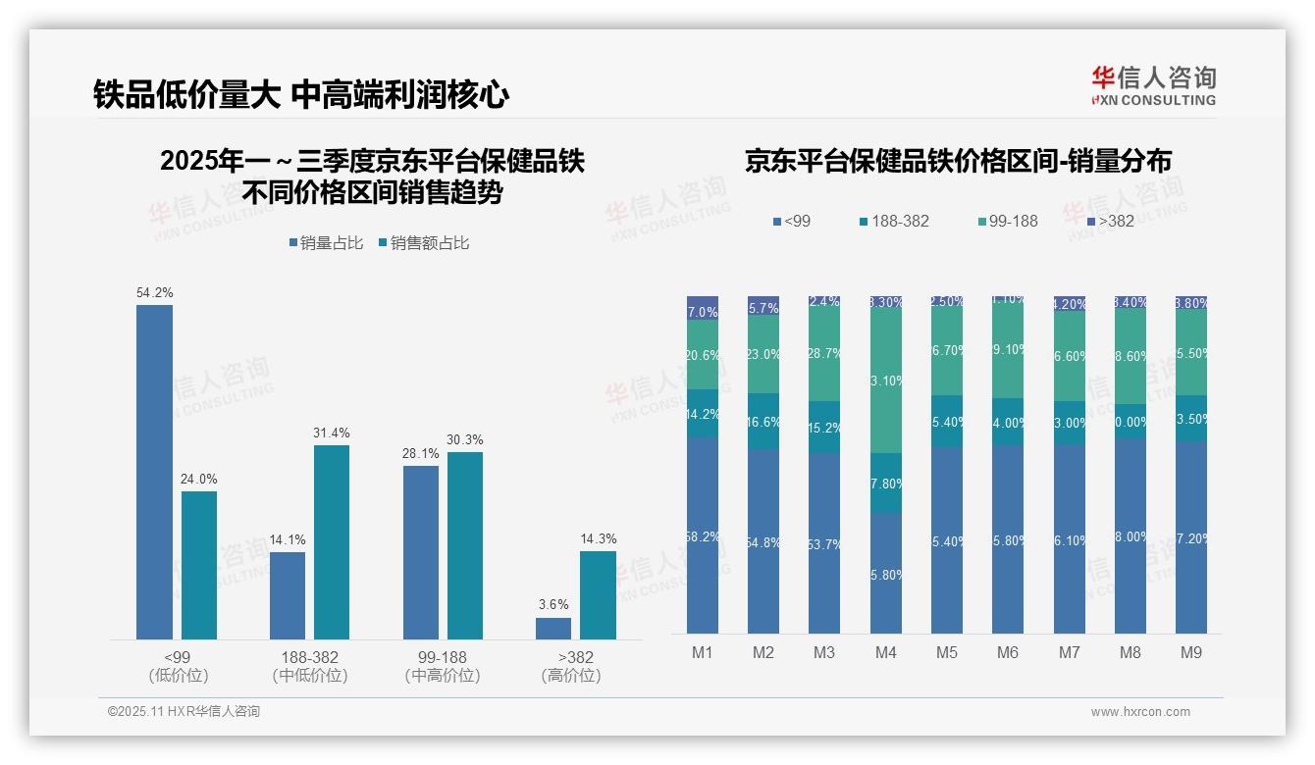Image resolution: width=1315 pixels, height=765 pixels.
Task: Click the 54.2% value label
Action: click(x=155, y=292)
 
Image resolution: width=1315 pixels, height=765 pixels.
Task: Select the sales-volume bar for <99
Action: click(x=154, y=472)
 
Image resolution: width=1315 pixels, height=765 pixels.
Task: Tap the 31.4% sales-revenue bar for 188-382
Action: click(x=332, y=542)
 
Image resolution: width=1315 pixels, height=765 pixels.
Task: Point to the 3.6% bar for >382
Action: click(x=553, y=628)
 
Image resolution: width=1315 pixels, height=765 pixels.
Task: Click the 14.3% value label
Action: click(x=598, y=538)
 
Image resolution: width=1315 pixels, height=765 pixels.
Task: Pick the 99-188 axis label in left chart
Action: click(x=443, y=657)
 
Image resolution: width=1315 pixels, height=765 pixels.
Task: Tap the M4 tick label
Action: click(x=886, y=652)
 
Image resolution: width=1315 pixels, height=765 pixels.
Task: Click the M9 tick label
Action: click(x=1191, y=652)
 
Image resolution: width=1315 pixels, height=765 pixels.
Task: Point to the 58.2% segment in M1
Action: click(x=703, y=535)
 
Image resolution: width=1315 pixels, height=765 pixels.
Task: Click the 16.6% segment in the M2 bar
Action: click(x=763, y=422)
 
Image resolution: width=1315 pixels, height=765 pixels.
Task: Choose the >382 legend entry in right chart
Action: click(x=1109, y=222)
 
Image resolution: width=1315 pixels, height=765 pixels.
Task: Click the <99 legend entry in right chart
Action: click(x=791, y=222)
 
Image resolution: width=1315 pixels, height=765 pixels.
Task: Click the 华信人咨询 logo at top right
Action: click(x=1153, y=85)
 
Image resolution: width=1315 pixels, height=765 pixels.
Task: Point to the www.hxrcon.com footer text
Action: click(x=1140, y=712)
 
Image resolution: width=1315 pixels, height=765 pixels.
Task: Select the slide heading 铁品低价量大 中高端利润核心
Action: click(x=301, y=95)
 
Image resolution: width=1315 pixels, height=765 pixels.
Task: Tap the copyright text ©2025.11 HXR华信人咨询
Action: click(x=184, y=712)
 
